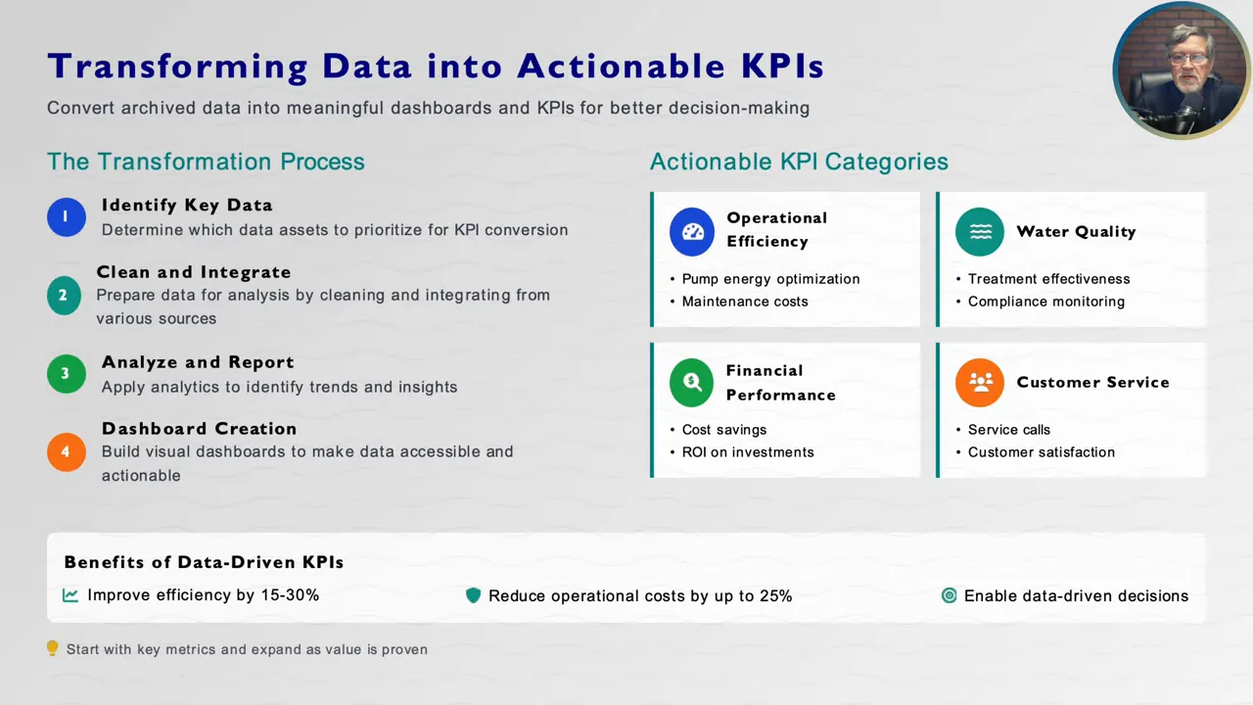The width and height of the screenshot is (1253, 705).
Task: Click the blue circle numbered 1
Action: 66,217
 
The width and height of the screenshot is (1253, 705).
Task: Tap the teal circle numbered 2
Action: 64,296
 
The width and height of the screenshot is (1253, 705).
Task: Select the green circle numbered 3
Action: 66,374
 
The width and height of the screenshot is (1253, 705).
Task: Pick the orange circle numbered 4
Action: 66,452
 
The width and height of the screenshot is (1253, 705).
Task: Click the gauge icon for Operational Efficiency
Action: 692,232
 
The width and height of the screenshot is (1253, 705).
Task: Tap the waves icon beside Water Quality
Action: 980,232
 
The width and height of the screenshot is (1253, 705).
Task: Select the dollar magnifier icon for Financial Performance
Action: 691,382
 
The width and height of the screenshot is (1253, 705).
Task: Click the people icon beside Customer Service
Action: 980,382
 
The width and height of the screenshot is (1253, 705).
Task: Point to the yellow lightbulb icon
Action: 52,648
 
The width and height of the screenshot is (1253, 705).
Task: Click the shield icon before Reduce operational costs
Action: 473,595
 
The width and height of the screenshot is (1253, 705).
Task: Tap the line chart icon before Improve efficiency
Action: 70,594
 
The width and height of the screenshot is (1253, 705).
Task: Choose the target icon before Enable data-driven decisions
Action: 950,595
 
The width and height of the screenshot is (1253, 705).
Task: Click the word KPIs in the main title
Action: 782,66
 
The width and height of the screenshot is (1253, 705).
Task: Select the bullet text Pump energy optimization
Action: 770,279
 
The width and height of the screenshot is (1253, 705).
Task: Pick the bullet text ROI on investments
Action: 748,452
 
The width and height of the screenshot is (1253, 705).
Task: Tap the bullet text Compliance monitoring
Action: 1046,302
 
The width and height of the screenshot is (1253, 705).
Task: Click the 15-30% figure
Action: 291,594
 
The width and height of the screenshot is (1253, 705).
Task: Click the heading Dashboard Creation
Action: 199,429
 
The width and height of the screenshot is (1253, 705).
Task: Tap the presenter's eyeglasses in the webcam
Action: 1189,59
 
